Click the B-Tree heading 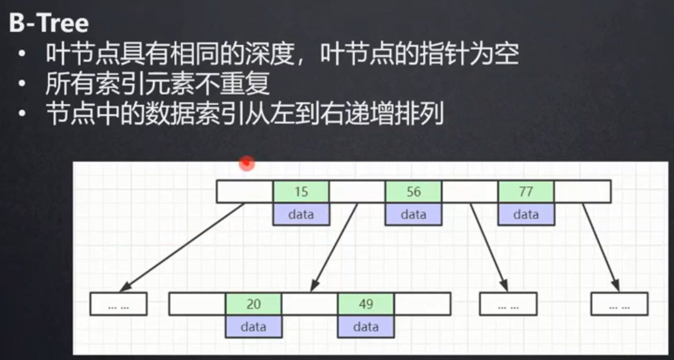[x=49, y=24]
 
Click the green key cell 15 [x=301, y=192]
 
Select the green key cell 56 [x=413, y=192]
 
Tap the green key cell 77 [x=526, y=192]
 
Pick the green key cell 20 [x=253, y=304]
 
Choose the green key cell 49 [x=366, y=304]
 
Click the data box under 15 [x=301, y=214]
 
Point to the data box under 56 [x=413, y=214]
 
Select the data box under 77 [x=526, y=214]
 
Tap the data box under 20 [x=253, y=326]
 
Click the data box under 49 [x=366, y=326]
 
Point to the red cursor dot [x=248, y=163]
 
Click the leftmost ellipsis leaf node [x=118, y=304]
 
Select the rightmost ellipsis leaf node [x=619, y=304]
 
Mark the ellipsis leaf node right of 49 [x=508, y=304]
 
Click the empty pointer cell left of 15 [x=245, y=192]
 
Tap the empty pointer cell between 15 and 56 [x=357, y=192]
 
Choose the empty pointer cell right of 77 [x=582, y=192]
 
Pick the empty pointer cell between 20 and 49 [x=309, y=304]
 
